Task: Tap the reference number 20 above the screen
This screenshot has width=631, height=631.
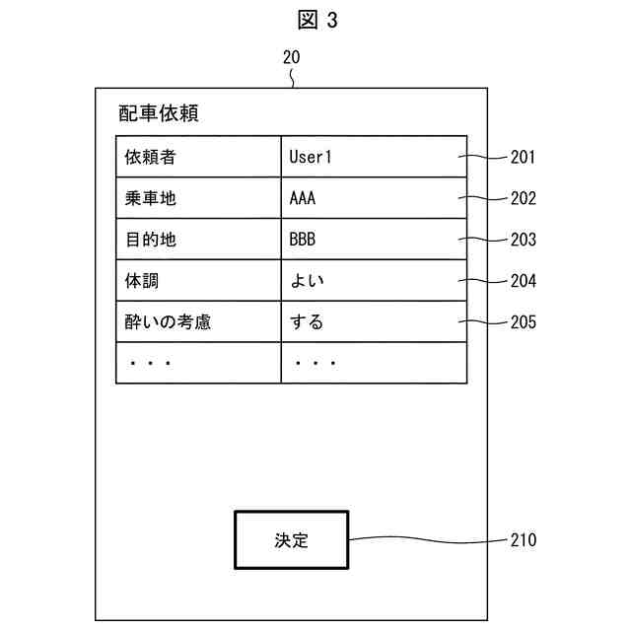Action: click(292, 57)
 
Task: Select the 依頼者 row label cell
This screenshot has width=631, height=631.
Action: click(198, 157)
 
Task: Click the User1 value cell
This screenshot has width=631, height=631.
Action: click(374, 157)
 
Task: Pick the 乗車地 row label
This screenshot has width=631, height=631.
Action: click(198, 198)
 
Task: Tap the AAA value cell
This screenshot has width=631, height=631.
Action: click(374, 198)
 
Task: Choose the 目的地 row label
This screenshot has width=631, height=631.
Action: click(198, 240)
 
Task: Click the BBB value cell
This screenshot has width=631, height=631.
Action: click(374, 240)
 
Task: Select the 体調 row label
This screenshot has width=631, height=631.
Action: click(198, 281)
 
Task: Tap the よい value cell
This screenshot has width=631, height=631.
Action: click(374, 281)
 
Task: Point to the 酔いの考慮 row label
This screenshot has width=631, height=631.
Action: click(198, 322)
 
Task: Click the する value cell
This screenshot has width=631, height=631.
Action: click(374, 322)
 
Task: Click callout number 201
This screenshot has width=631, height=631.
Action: click(524, 157)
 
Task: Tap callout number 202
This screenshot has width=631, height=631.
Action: click(524, 198)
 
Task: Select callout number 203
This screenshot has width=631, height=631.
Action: click(524, 240)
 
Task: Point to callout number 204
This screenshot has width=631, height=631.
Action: click(524, 281)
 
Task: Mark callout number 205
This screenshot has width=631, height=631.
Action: click(524, 322)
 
